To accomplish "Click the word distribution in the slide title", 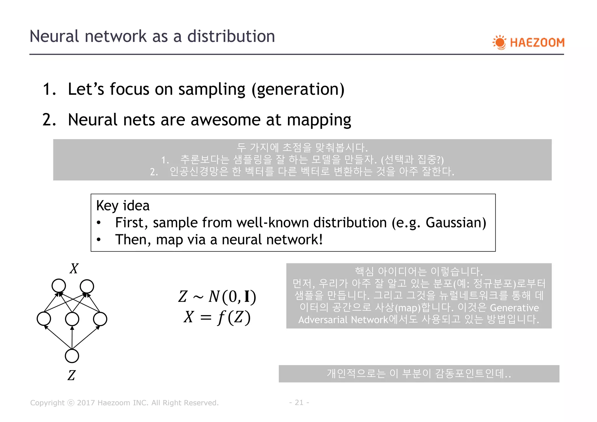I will [231, 36].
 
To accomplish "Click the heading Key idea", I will [123, 206].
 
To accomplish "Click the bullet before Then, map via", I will [99, 240].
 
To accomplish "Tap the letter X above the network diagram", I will [74, 268].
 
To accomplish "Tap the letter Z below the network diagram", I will [71, 375].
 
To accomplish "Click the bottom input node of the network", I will [72, 356].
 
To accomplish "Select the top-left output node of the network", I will [59, 286].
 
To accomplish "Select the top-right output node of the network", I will [87, 286].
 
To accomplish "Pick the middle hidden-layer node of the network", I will [72, 319].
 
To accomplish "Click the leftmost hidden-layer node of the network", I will [44, 319].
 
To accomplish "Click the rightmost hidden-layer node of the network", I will [100, 319].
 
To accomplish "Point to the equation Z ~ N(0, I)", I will [217, 297].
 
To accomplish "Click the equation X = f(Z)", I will [217, 317].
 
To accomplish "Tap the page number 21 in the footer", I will [299, 402].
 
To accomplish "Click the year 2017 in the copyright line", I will [86, 403].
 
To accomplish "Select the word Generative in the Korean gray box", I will [514, 308].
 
